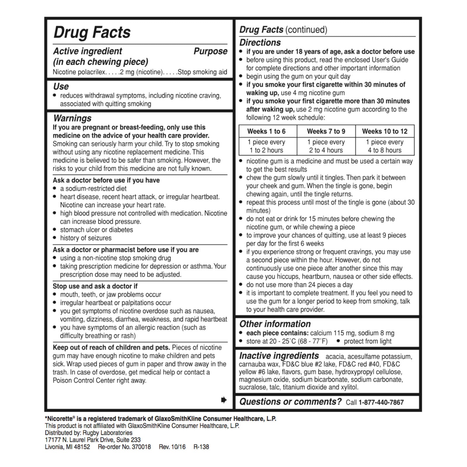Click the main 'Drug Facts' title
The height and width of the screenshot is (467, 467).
(92, 32)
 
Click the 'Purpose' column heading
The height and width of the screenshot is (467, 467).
(210, 51)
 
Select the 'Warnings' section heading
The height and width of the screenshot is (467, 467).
(72, 118)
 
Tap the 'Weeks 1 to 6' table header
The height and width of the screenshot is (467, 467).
(266, 131)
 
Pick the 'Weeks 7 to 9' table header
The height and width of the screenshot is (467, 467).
(326, 131)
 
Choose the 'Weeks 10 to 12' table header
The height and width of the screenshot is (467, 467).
(385, 131)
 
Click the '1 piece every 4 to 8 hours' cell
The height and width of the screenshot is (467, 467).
(385, 146)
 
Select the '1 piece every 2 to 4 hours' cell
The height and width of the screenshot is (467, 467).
(326, 146)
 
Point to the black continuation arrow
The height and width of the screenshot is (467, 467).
(224, 400)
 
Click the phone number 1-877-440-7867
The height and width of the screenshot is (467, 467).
(381, 402)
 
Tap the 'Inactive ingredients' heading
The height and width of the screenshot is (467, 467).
(279, 356)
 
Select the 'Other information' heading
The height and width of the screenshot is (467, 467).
(275, 324)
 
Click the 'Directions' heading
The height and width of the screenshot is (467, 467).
(260, 43)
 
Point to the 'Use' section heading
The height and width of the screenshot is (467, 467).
(61, 86)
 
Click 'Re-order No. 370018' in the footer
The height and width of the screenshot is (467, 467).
(124, 447)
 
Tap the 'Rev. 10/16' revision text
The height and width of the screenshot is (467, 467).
(172, 447)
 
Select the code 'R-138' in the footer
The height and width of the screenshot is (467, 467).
(201, 447)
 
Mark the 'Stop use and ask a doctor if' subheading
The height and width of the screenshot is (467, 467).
(95, 286)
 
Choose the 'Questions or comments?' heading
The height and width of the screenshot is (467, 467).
(290, 402)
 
